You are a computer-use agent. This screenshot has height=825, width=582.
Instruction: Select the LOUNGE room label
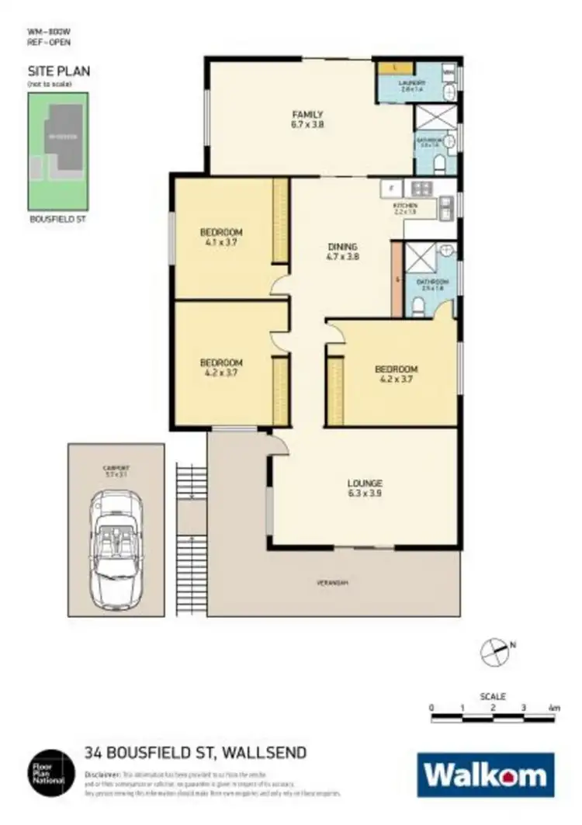tap(365, 487)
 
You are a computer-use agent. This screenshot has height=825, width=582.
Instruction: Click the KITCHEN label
tap(405, 207)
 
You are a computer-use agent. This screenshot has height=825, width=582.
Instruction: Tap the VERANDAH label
tap(331, 582)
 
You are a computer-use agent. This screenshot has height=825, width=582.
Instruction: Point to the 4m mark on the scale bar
tap(553, 708)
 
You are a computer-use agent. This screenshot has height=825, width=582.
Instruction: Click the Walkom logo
tap(486, 775)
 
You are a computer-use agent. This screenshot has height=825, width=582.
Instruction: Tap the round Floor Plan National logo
tap(50, 771)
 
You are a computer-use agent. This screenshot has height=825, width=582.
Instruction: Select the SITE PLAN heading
tap(59, 71)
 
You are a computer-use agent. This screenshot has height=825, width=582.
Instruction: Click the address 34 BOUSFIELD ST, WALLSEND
tap(195, 752)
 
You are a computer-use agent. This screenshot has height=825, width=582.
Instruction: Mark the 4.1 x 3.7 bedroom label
tap(221, 237)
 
